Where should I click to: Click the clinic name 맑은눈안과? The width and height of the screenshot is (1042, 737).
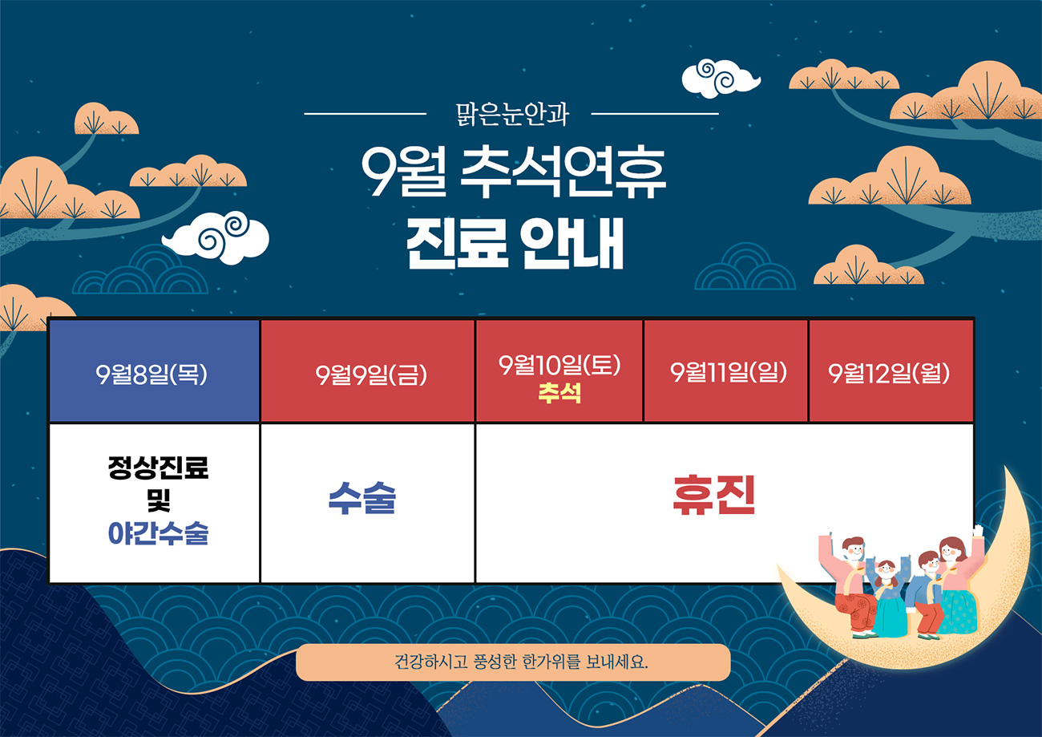(x=512, y=114)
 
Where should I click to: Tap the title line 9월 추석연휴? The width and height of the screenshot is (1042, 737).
(x=514, y=173)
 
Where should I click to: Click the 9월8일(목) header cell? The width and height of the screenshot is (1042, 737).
(x=154, y=371)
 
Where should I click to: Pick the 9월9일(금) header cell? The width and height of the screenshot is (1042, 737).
(x=367, y=371)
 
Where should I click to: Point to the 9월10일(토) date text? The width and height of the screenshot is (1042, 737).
(x=559, y=365)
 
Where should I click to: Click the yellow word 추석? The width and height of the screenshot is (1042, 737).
(x=559, y=393)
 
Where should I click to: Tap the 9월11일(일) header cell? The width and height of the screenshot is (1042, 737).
(x=725, y=371)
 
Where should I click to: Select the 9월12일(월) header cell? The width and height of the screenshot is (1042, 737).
(x=891, y=371)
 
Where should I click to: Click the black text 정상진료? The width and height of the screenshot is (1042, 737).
(x=158, y=468)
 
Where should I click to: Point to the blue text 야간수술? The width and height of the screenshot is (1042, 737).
(x=158, y=533)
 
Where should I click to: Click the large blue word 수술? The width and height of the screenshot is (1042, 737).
(x=362, y=498)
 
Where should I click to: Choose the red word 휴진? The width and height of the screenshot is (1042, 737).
(x=714, y=495)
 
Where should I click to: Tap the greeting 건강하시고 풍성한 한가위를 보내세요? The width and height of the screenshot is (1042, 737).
(x=521, y=661)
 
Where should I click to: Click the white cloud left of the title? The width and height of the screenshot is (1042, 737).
(x=216, y=237)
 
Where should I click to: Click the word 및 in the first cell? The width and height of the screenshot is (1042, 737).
(x=158, y=500)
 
